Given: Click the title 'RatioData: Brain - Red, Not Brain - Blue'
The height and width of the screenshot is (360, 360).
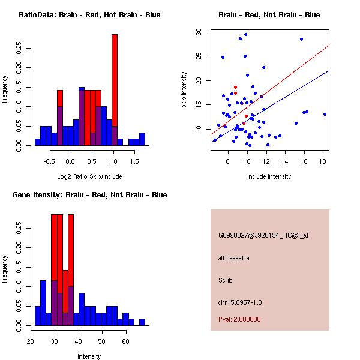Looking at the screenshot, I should pos(89,15).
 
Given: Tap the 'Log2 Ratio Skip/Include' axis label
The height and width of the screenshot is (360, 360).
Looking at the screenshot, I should pos(89,176).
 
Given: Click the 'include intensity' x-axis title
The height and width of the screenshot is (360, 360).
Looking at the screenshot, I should pos(269,176).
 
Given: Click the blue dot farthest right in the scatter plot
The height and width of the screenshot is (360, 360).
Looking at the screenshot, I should pos(325,114).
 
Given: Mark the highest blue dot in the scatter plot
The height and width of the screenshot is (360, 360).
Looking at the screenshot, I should pos(245,34).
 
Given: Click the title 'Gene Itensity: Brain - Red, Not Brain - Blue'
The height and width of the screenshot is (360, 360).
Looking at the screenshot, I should pos(91,195).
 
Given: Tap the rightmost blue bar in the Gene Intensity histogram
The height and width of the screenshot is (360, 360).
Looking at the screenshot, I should pos(142,322).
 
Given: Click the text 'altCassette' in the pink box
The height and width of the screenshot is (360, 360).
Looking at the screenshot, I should pos(233,258).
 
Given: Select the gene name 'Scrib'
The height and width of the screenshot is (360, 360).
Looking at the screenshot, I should pos(225,280).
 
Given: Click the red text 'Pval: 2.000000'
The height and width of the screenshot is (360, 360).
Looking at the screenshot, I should pos(239,319).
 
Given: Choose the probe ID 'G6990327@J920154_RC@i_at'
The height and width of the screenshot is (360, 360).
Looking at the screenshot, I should pos(263,236).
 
